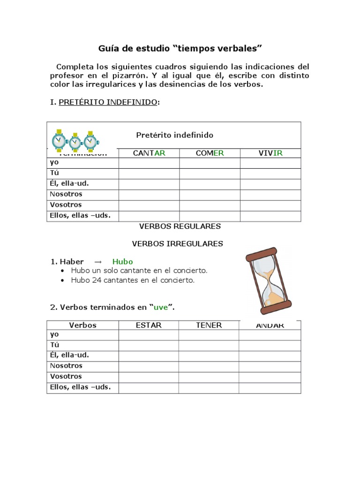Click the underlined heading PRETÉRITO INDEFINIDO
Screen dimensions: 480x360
click(108, 102)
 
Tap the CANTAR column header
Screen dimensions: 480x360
click(149, 153)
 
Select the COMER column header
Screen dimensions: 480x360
click(210, 153)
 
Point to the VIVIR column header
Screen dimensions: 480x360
click(270, 153)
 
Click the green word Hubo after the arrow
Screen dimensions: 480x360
click(123, 262)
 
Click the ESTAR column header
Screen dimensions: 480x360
click(148, 325)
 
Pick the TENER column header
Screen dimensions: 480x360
click(209, 325)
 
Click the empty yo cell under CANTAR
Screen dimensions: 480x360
click(149, 163)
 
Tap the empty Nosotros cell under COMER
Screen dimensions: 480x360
click(210, 195)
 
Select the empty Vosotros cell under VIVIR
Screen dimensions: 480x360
click(270, 205)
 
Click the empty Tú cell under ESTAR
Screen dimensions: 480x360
click(148, 345)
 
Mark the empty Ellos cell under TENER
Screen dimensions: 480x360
click(209, 388)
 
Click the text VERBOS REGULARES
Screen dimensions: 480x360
click(180, 226)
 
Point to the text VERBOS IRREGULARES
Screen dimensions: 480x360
click(177, 244)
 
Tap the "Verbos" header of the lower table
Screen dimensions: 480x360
click(82, 325)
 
